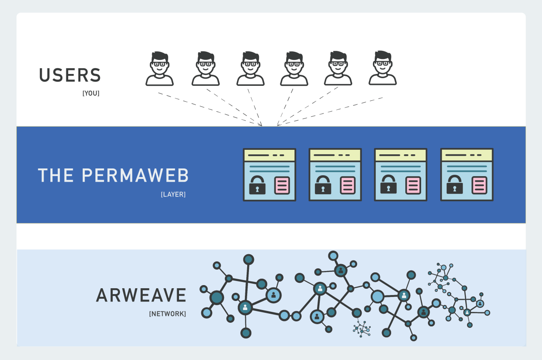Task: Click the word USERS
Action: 70,75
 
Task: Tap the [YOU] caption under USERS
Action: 91,94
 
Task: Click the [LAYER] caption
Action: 173,194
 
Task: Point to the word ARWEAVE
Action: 141,296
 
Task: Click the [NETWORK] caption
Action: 167,314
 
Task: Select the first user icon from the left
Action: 159,69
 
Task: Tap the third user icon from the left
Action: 250,69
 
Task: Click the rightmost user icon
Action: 383,69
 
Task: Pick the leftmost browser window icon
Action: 269,175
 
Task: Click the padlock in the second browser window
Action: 323,185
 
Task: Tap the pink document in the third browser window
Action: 413,185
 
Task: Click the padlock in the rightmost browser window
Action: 454,185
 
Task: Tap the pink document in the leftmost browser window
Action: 282,185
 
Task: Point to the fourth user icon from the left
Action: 294,69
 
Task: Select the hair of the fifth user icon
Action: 338,55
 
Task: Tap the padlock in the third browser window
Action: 388,185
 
